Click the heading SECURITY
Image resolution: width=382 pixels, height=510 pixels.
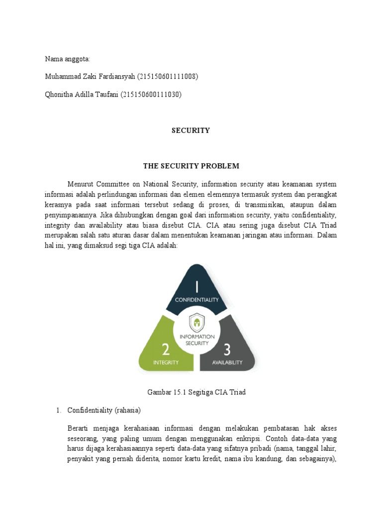191,130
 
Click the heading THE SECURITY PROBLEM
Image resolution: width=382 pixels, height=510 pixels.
191,166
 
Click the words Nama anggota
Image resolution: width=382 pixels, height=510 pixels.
67,59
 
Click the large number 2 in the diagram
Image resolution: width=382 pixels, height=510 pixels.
166,349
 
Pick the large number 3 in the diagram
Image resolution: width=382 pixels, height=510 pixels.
227,349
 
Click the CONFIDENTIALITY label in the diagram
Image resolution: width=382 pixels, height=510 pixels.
197,300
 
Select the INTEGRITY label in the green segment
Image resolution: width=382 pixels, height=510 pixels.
166,363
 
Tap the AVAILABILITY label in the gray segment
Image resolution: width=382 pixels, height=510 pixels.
227,363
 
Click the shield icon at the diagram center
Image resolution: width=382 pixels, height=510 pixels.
196,322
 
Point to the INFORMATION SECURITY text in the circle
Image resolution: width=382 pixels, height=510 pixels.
196,340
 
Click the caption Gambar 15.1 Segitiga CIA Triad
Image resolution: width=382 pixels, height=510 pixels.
196,392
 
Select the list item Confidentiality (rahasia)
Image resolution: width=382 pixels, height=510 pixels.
104,410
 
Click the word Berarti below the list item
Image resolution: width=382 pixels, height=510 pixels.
79,428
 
